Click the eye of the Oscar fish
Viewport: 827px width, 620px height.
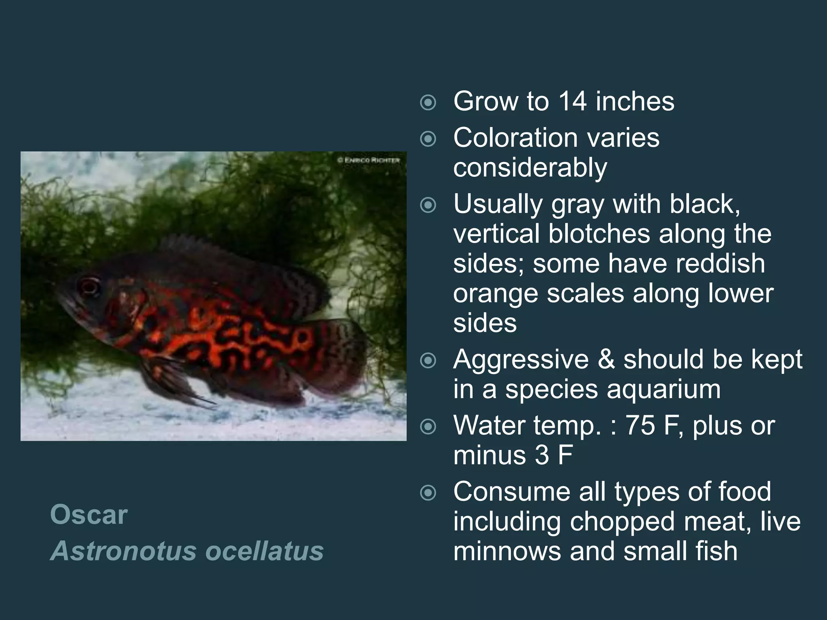[89, 286]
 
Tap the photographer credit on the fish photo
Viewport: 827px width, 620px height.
[368, 160]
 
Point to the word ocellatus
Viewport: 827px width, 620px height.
[264, 551]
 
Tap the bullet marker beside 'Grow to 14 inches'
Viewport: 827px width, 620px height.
[428, 103]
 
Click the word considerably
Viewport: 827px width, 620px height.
[530, 168]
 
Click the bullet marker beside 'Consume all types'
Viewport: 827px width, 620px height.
[428, 492]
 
